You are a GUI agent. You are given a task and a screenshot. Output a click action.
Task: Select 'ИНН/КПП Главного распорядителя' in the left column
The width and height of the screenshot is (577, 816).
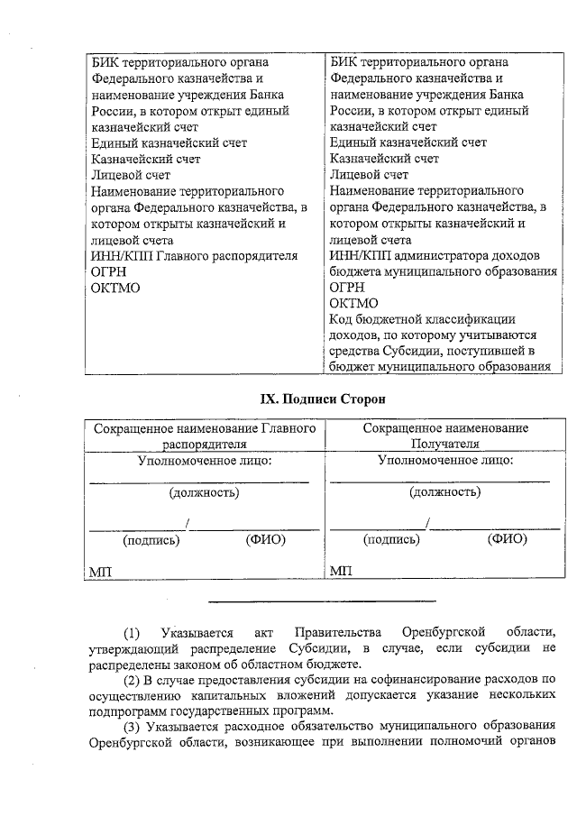point(195,255)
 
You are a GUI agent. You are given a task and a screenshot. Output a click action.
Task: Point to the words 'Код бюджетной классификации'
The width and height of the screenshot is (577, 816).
point(422,319)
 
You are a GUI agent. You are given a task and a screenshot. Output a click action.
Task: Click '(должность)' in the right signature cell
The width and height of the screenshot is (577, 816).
point(444,492)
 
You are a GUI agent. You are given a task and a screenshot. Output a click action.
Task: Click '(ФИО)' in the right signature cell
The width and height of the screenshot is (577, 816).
point(507,540)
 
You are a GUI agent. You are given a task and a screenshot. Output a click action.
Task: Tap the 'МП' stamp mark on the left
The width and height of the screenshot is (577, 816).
point(100,572)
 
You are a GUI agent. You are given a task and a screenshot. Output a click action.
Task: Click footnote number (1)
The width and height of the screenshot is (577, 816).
point(132,631)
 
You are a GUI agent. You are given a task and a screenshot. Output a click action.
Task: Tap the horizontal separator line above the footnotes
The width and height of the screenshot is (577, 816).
point(323,601)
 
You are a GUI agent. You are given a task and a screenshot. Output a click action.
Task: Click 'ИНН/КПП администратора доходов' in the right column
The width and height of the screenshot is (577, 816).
point(428,255)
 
